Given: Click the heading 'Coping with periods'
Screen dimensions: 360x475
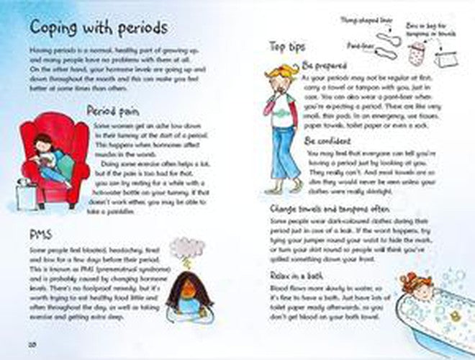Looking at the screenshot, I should tap(99, 28).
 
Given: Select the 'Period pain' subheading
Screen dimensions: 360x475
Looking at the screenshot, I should tap(113, 112).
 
